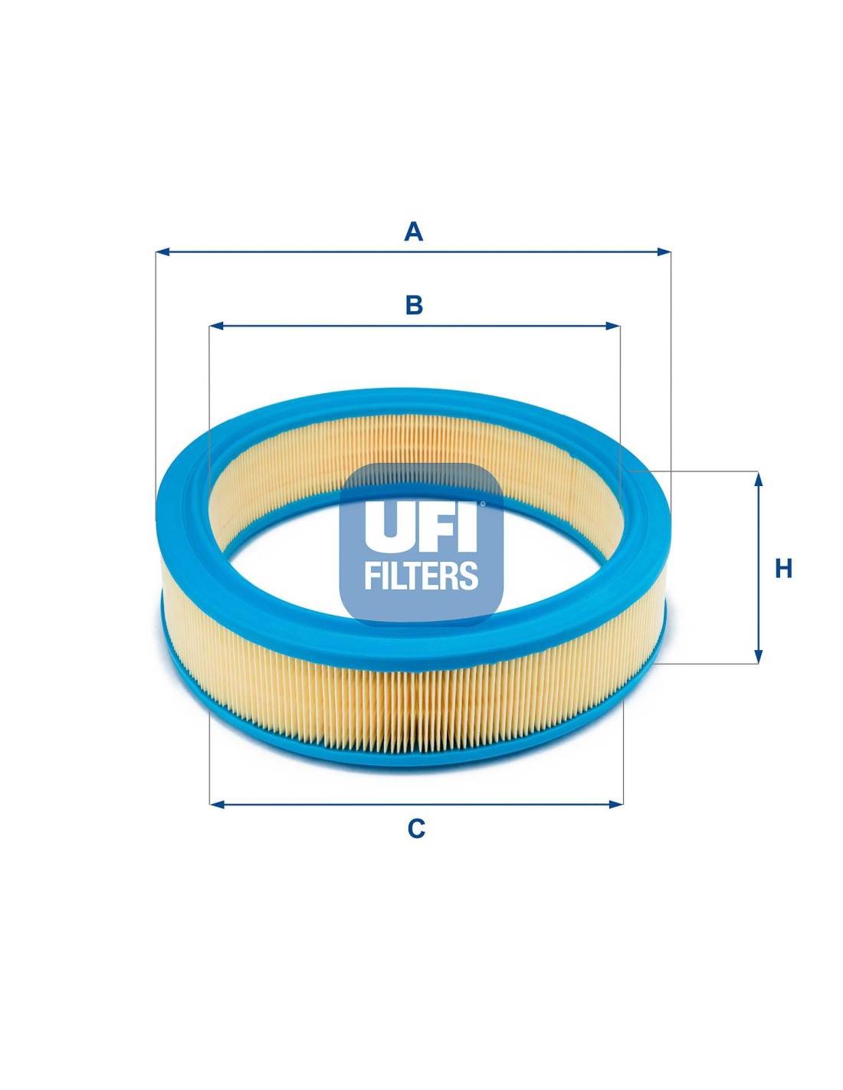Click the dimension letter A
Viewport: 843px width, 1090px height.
pyautogui.click(x=413, y=232)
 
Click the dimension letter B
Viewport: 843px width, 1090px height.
pyautogui.click(x=414, y=305)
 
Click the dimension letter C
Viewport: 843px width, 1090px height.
pyautogui.click(x=416, y=829)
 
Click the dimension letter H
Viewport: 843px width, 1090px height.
pyautogui.click(x=783, y=569)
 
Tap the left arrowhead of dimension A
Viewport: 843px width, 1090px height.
pyautogui.click(x=162, y=251)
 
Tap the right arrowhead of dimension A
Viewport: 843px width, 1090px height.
pyautogui.click(x=664, y=251)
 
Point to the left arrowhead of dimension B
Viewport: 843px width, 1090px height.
pyautogui.click(x=216, y=326)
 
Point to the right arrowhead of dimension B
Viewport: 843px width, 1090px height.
pyautogui.click(x=613, y=326)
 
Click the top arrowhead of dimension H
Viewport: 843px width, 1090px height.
pyautogui.click(x=759, y=478)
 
